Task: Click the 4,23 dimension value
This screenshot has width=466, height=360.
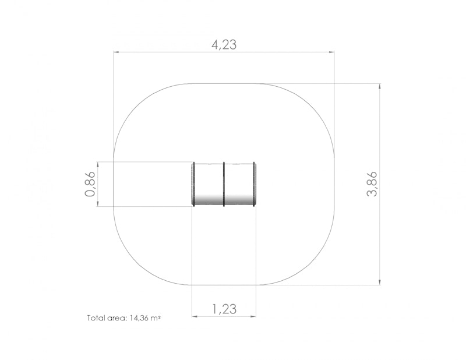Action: click(x=224, y=45)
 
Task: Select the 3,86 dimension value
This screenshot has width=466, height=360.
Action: click(x=372, y=184)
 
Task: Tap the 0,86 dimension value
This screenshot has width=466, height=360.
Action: click(x=90, y=184)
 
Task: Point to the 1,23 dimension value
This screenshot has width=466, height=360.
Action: click(x=224, y=309)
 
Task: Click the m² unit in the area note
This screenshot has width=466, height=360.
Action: click(x=156, y=318)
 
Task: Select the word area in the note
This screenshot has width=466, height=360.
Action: click(x=115, y=318)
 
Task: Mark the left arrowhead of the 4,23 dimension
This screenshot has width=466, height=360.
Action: click(x=116, y=52)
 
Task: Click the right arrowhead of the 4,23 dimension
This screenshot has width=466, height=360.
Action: click(x=331, y=52)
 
